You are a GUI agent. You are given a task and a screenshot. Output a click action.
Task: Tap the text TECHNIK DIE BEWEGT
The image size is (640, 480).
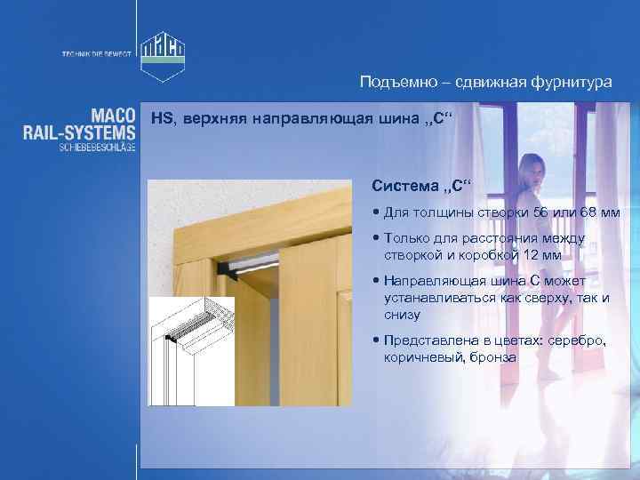click(x=96, y=53)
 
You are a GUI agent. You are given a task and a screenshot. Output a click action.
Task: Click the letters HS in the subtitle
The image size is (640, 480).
click(x=161, y=118)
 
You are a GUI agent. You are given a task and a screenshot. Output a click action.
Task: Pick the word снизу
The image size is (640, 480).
click(x=402, y=315)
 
